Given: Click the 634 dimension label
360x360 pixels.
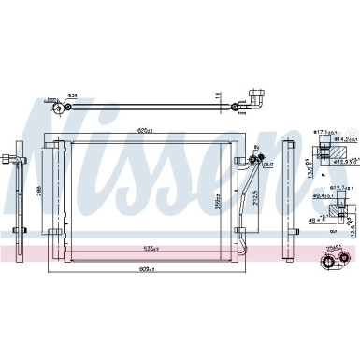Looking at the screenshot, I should (x=73, y=96).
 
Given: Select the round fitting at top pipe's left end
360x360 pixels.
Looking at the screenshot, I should (x=63, y=108).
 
